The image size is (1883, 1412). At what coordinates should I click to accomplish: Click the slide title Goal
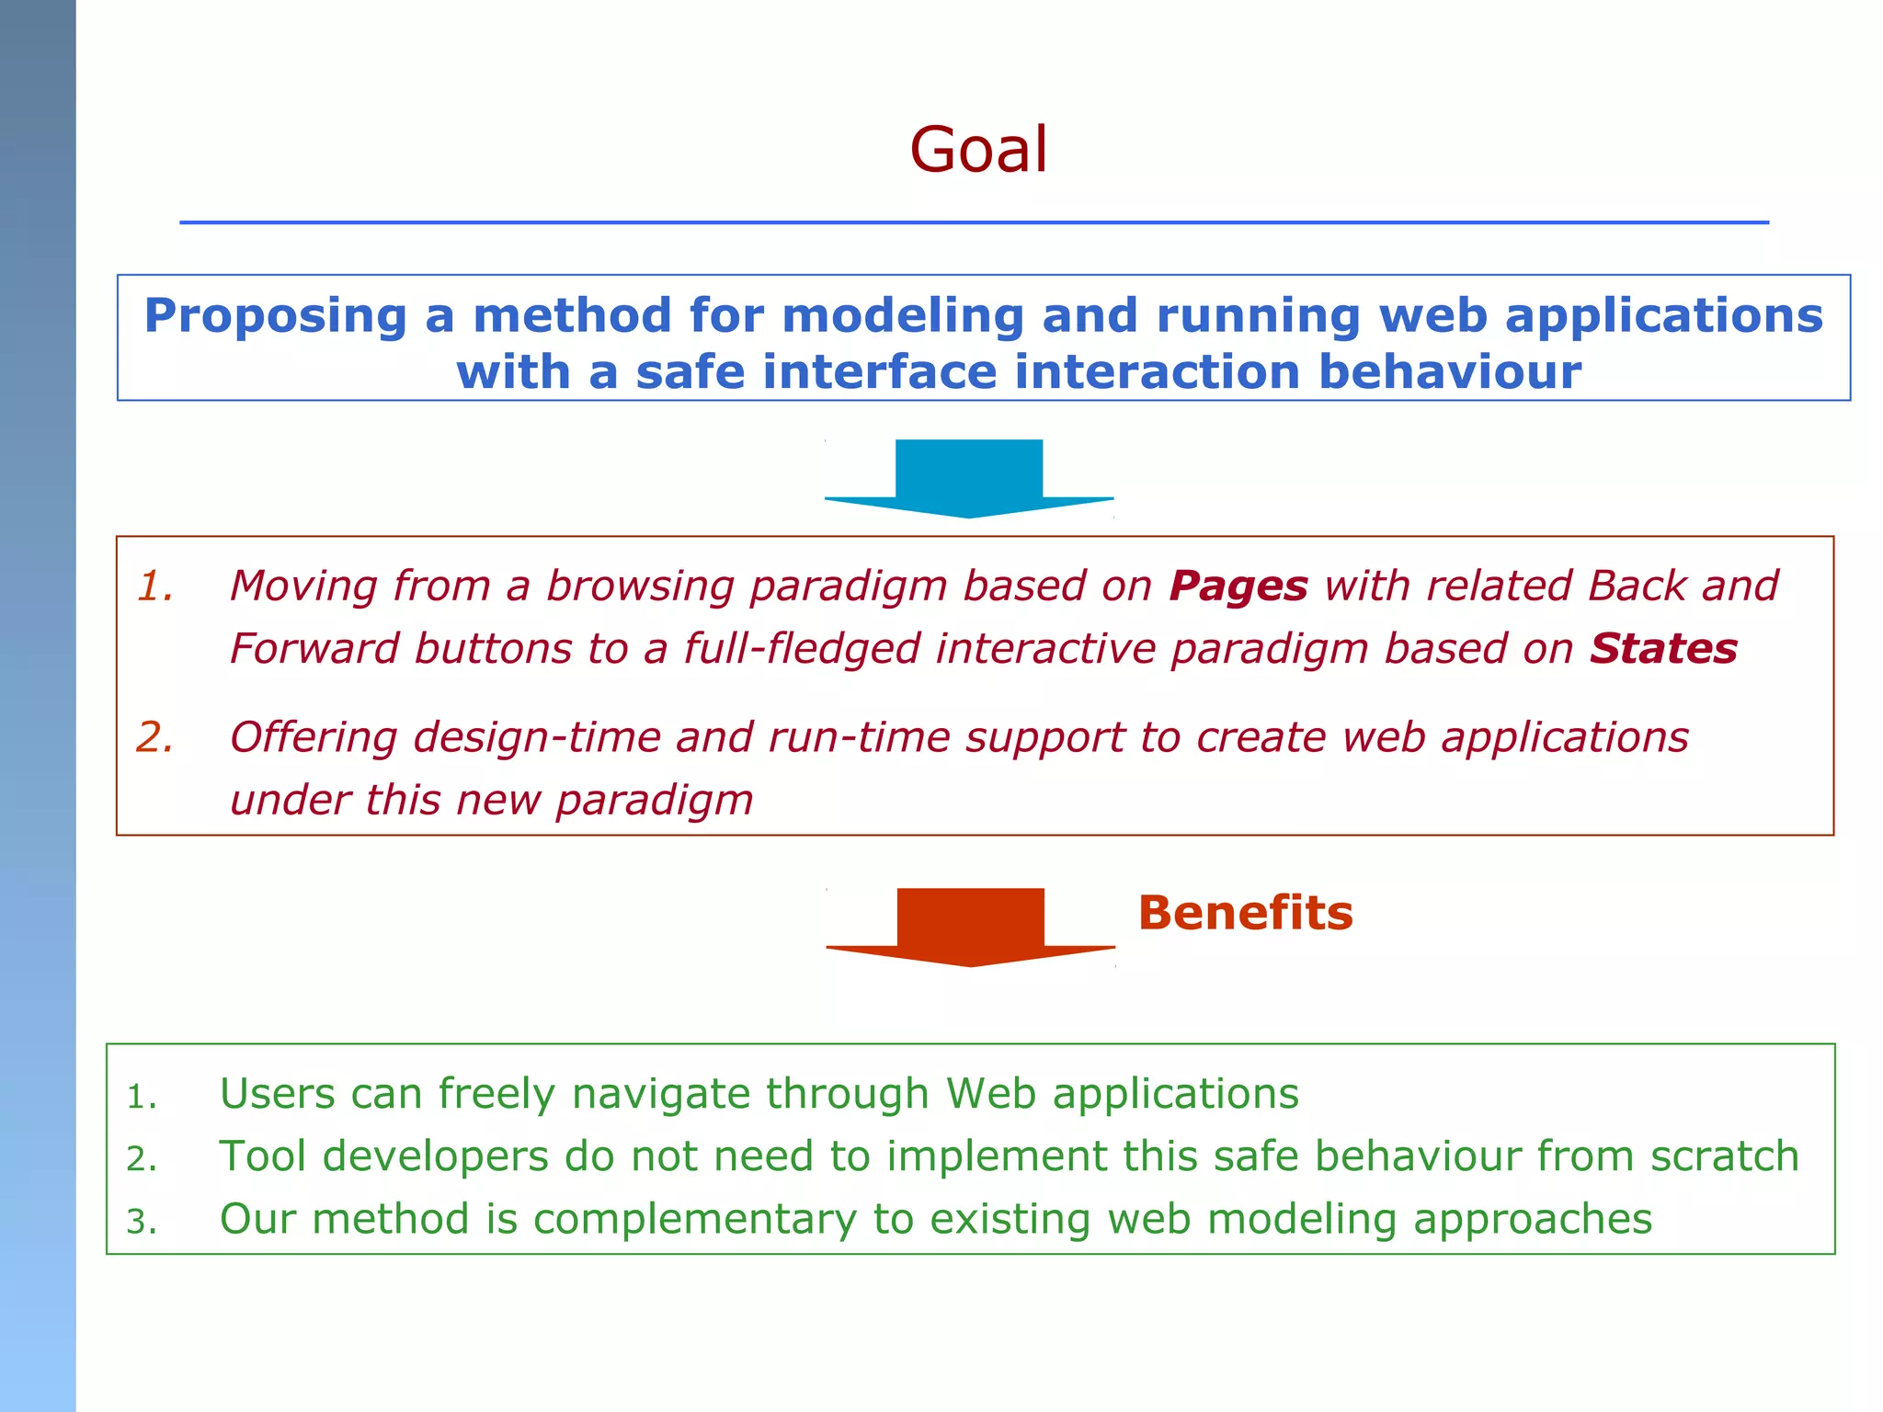coord(978,150)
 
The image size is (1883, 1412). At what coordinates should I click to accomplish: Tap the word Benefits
coord(1245,913)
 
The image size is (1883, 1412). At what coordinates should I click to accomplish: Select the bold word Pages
coord(1238,586)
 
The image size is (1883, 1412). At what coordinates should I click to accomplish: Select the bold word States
coord(1663,648)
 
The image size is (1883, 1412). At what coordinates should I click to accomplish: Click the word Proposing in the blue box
coord(275,316)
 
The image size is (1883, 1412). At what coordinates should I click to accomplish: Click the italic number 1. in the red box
coord(155,586)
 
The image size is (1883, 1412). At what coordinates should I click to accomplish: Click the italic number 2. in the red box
coord(154,737)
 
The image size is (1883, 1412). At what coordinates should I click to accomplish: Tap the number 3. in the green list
coord(142,1222)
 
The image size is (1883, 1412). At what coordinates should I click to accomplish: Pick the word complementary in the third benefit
coord(694,1220)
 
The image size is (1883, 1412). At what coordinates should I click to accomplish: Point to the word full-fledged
coord(802,648)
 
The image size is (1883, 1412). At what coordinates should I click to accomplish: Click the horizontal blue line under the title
coord(974,222)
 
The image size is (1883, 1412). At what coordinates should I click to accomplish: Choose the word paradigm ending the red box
coord(654,800)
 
